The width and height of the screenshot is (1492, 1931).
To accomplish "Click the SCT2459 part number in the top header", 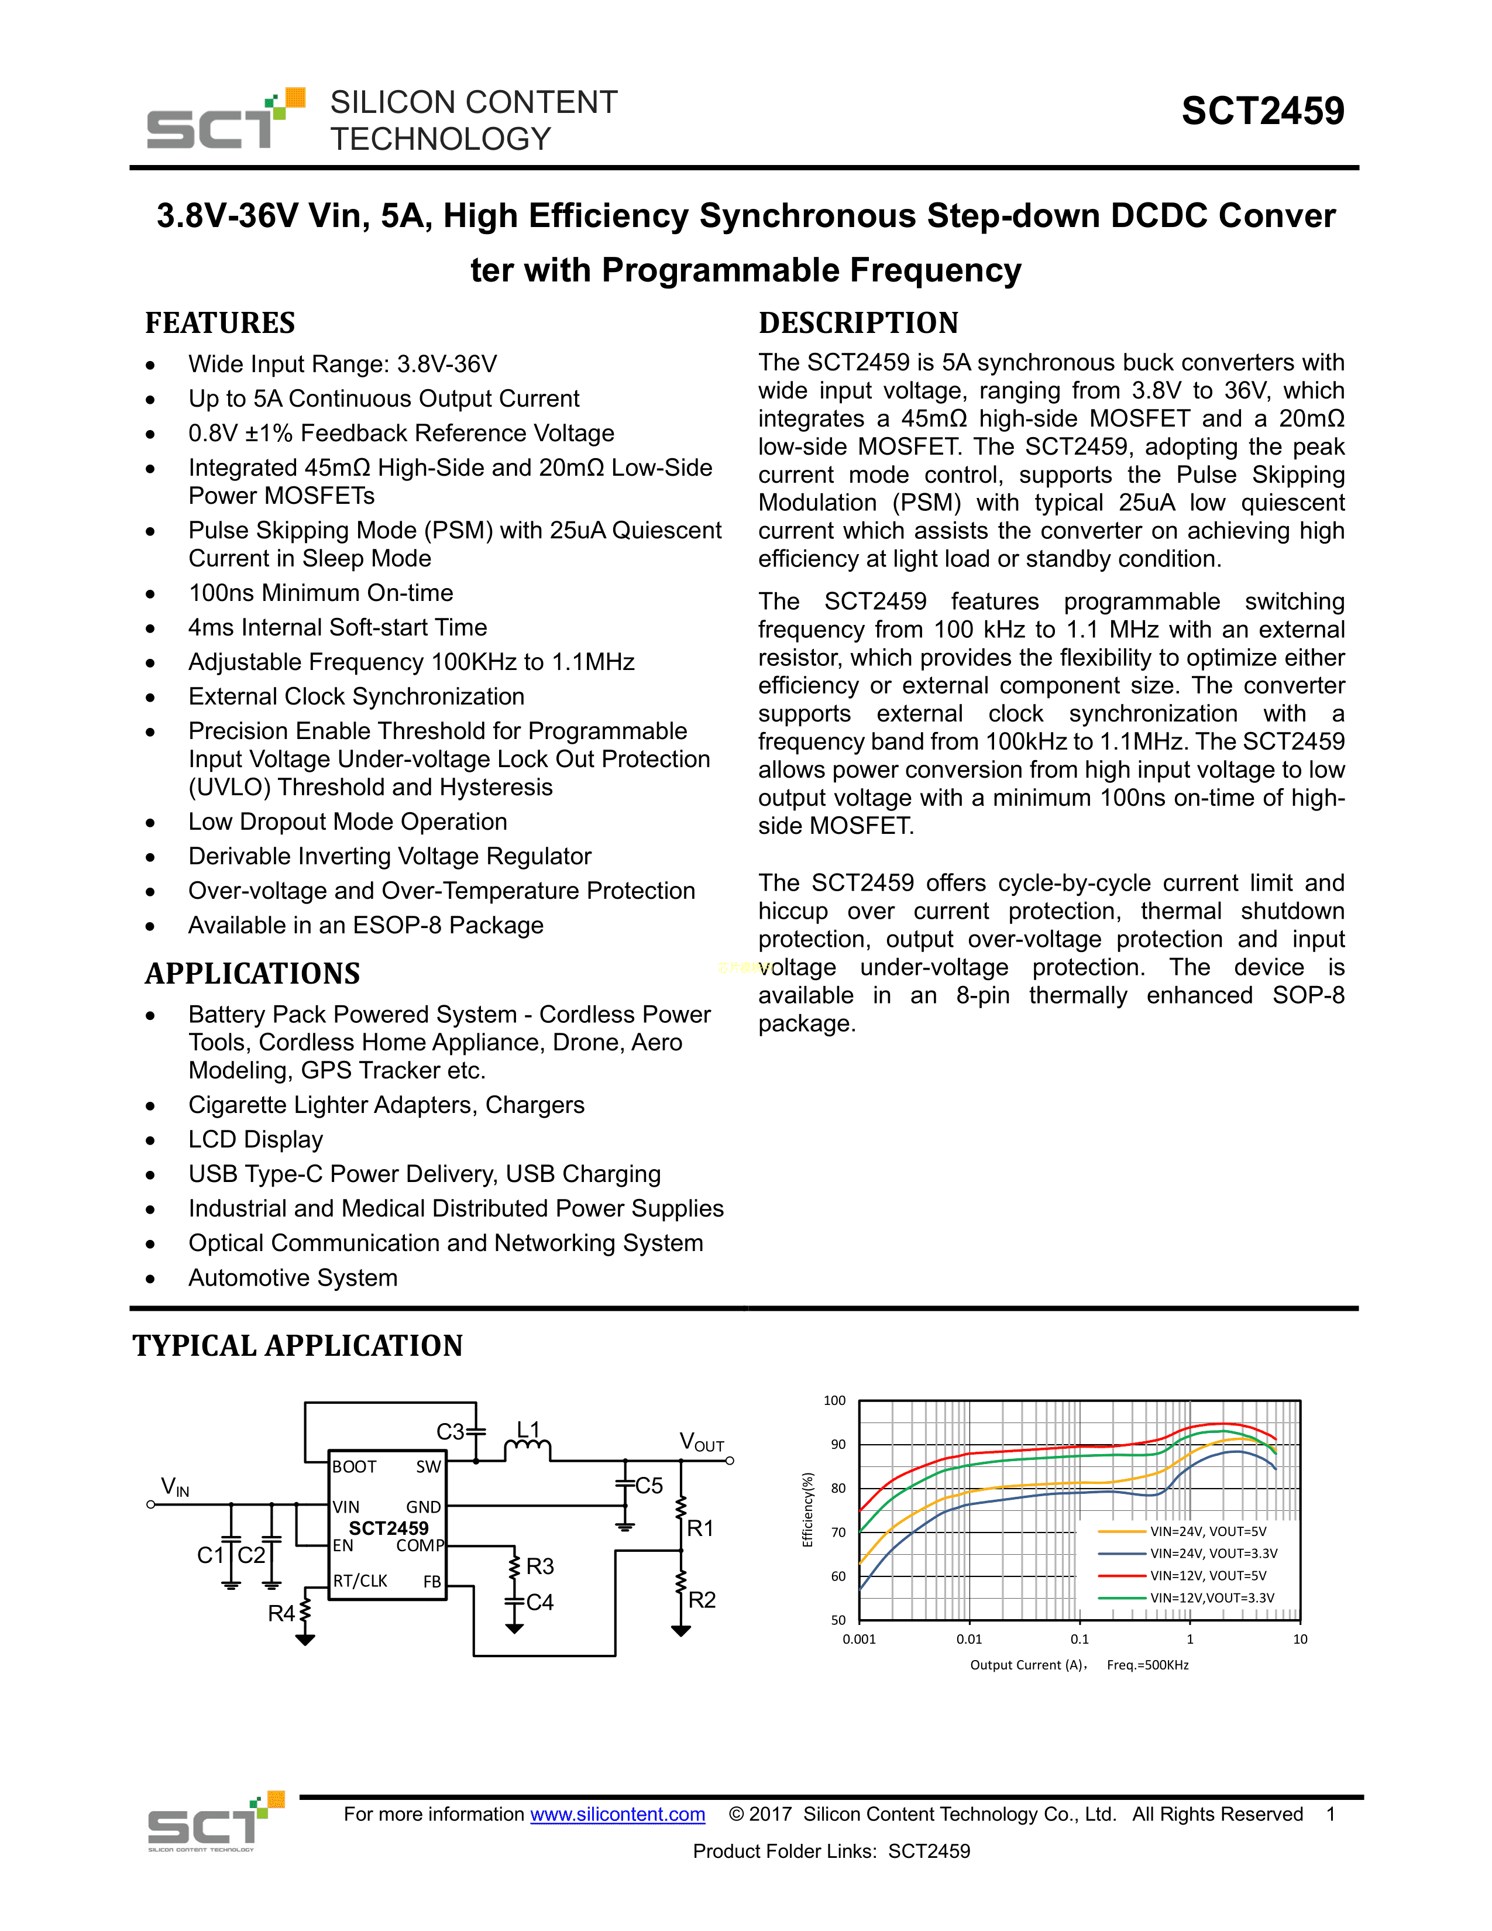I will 1262,111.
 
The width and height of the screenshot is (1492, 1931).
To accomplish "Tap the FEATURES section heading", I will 220,323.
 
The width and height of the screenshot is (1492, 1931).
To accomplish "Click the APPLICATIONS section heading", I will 253,974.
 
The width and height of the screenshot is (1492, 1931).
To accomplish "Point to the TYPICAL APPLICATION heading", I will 298,1346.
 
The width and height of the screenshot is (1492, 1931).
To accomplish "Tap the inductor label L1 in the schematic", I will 528,1430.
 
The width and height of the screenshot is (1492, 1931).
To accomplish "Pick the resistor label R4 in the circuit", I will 281,1614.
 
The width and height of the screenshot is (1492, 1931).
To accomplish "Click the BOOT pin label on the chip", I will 355,1467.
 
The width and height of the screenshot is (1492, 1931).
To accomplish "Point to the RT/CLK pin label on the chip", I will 360,1581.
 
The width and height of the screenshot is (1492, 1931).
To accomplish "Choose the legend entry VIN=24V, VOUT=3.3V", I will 1213,1554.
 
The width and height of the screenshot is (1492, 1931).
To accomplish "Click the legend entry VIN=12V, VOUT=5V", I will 1208,1576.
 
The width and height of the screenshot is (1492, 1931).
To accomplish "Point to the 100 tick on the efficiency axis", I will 834,1400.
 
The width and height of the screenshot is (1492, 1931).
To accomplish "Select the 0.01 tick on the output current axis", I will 969,1639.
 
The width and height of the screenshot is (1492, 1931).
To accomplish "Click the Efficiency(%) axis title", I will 807,1510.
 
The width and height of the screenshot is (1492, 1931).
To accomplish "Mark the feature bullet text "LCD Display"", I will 256,1140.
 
